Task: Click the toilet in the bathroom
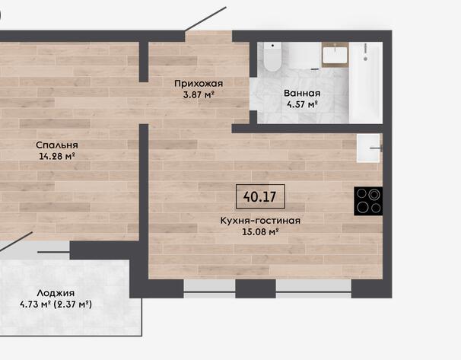pyautogui.click(x=272, y=56)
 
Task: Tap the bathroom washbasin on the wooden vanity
pyautogui.click(x=335, y=54)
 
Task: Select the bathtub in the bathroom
pyautogui.click(x=366, y=83)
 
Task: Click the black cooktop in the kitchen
pyautogui.click(x=368, y=201)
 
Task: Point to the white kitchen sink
pyautogui.click(x=369, y=148)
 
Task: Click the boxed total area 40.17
pyautogui.click(x=260, y=196)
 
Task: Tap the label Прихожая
pyautogui.click(x=199, y=84)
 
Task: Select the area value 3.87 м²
pyautogui.click(x=199, y=94)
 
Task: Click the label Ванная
pyautogui.click(x=302, y=94)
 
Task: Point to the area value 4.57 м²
pyautogui.click(x=302, y=104)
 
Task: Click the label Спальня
pyautogui.click(x=57, y=145)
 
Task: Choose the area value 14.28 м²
pyautogui.click(x=57, y=156)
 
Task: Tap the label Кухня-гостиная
pyautogui.click(x=260, y=221)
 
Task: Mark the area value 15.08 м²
pyautogui.click(x=260, y=232)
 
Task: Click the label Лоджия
pyautogui.click(x=56, y=293)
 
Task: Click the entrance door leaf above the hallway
pyautogui.click(x=205, y=19)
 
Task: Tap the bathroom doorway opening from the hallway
pyautogui.click(x=253, y=94)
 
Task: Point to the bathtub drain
pyautogui.click(x=365, y=59)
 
